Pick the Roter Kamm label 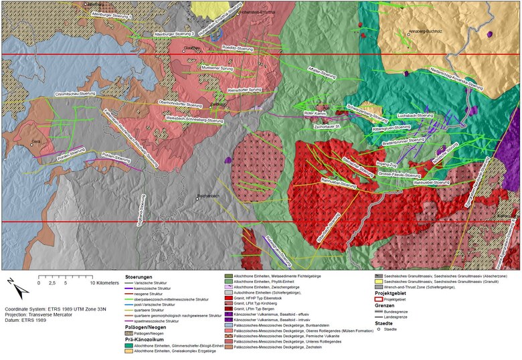pyautogui.click(x=314, y=114)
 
